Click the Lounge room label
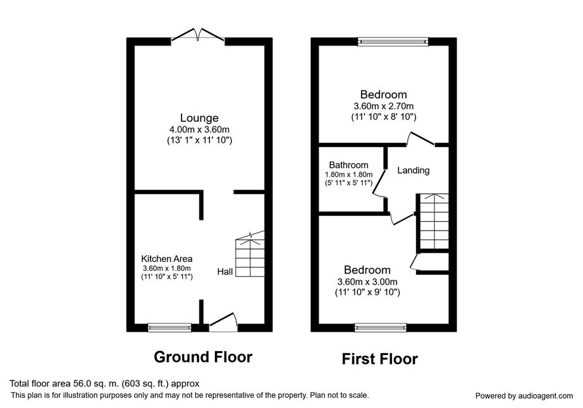click(199, 118)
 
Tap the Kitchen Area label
click(166, 259)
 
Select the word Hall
click(225, 272)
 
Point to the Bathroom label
click(348, 165)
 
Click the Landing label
click(414, 171)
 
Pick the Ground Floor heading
click(203, 357)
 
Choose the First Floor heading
click(379, 359)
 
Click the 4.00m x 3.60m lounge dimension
click(199, 130)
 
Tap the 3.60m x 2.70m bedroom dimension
click(384, 106)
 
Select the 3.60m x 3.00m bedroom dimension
click(367, 282)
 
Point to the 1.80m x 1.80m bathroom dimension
click(349, 174)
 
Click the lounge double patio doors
click(198, 34)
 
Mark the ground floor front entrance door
click(223, 321)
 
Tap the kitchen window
click(169, 327)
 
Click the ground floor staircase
click(250, 253)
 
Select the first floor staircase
click(434, 221)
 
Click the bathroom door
click(379, 182)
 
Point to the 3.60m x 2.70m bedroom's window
click(393, 42)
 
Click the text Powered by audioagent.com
click(524, 396)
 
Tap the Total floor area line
click(104, 383)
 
